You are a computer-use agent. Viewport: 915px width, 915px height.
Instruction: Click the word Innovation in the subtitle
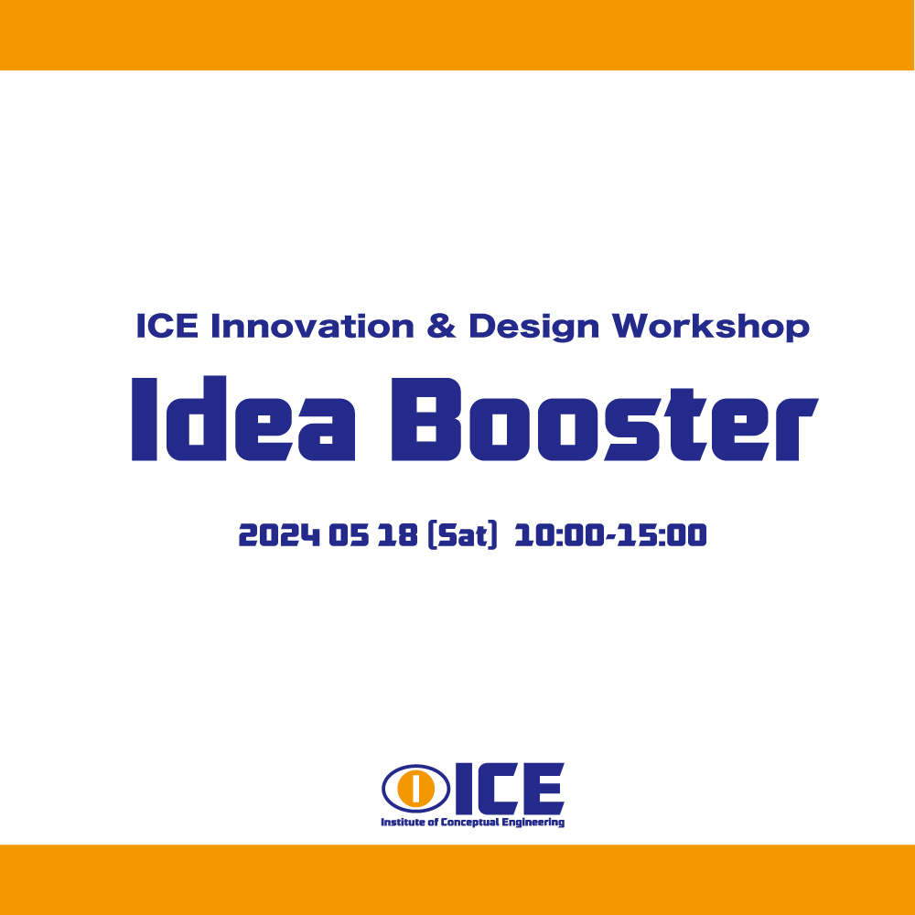coord(312,326)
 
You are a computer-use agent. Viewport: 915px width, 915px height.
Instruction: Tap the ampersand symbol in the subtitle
coord(441,326)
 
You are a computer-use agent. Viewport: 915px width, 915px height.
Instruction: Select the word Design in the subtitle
coord(534,327)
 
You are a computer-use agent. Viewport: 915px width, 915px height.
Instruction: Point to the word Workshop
coord(711,327)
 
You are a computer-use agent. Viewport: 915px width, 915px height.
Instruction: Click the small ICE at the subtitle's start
coord(167,326)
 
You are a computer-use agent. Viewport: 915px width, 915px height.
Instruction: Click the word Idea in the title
coord(243,418)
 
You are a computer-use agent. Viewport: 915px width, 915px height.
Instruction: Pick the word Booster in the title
coord(605,419)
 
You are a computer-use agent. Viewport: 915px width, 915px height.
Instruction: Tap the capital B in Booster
coord(426,419)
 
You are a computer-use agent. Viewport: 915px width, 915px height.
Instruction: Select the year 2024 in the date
coord(279,535)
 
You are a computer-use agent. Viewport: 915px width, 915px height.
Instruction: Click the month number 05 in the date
coord(349,535)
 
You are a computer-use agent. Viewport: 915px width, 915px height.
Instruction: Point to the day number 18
coord(397,535)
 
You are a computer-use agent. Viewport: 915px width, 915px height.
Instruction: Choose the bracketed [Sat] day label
coord(462,535)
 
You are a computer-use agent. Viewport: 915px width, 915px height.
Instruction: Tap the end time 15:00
coord(662,535)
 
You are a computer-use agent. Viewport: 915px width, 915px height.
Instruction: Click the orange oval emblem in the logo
coord(415,788)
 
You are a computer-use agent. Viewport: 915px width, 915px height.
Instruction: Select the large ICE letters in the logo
coord(510,789)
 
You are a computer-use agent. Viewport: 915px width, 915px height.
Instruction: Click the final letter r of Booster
coord(796,429)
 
